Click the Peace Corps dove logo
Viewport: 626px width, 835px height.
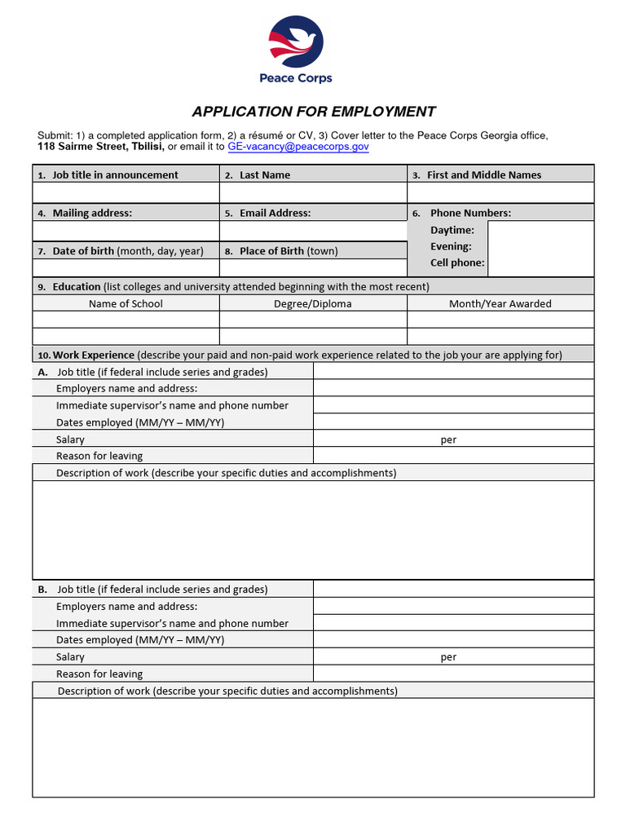296,44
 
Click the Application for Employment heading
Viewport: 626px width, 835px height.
314,112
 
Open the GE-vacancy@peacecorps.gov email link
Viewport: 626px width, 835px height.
298,147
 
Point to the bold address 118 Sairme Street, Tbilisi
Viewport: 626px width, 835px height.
101,147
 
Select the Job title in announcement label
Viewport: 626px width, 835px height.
115,175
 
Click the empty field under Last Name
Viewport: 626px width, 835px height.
313,192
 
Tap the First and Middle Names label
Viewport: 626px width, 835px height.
484,175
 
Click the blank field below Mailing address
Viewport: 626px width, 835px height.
126,232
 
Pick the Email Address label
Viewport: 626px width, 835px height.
275,213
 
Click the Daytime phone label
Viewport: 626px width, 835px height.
452,230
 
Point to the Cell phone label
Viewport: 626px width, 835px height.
457,263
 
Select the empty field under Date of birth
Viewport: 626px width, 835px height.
126,268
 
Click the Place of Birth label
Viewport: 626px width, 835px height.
288,251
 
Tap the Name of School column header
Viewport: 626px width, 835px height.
126,303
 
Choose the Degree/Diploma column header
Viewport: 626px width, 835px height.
313,303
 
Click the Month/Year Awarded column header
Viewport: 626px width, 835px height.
500,303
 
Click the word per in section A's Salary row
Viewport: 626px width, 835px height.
448,440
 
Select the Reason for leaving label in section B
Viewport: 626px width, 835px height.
99,674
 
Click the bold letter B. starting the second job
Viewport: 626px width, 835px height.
42,589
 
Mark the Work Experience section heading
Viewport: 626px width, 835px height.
94,355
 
